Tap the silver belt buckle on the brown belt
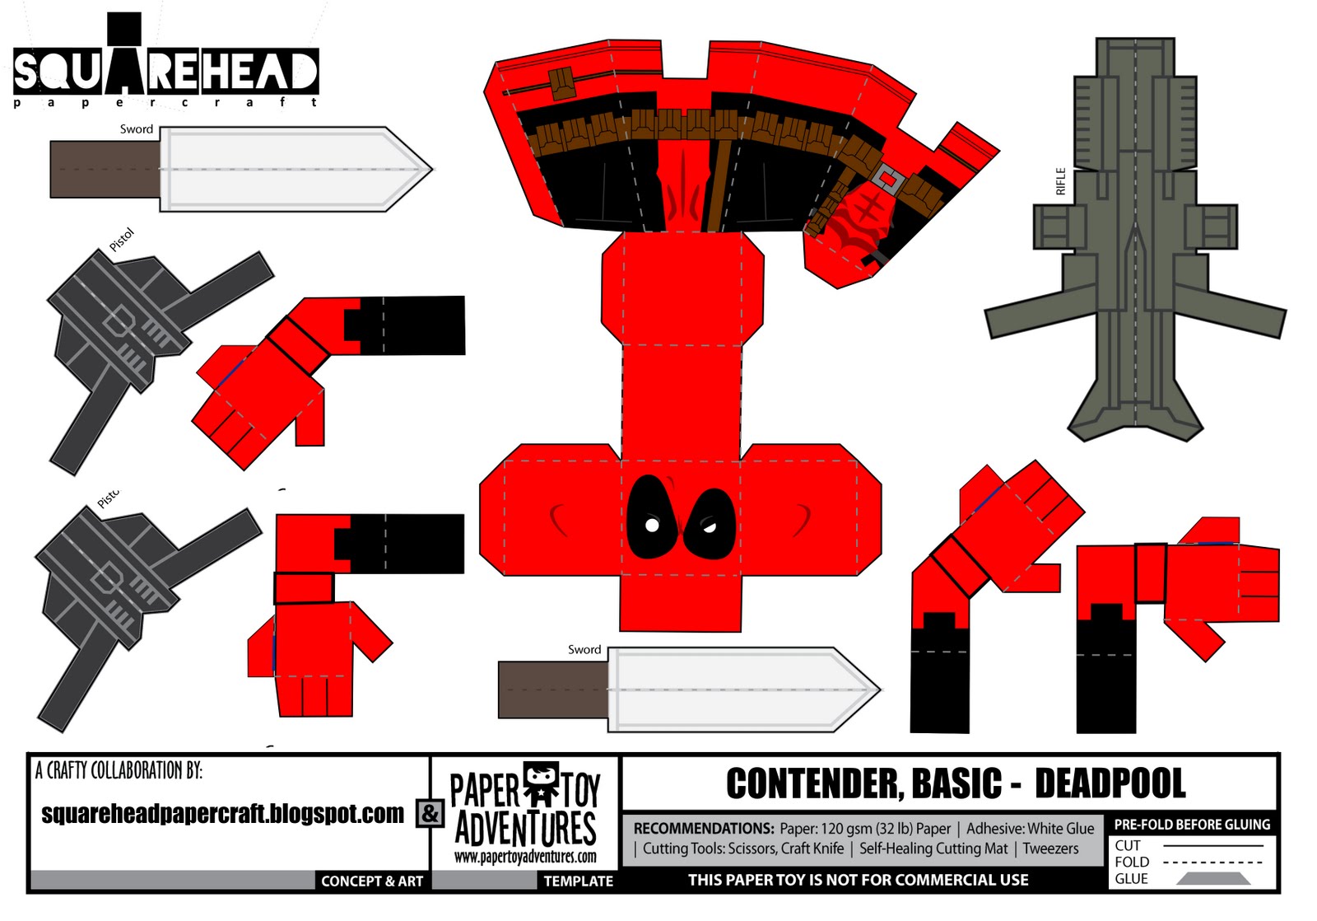pos(887,177)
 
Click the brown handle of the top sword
pos(104,169)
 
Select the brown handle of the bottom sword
pos(552,689)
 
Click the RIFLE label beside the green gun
pos(1060,181)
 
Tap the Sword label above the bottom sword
pos(584,649)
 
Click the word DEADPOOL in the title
pos(1110,783)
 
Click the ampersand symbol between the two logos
pos(430,813)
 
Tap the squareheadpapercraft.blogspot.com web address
pos(222,814)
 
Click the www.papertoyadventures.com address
pos(525,856)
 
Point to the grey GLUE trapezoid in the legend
pos(1213,879)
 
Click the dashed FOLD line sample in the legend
pos(1212,862)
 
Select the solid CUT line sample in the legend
pos(1212,845)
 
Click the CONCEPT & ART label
pos(372,881)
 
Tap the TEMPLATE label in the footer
pos(578,881)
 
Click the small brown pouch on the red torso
pos(562,83)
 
